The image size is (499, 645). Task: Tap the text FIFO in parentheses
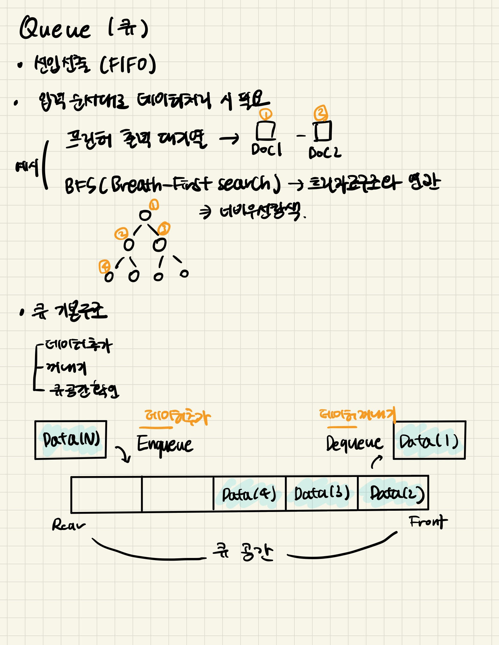pyautogui.click(x=127, y=65)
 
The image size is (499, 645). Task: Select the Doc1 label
pyautogui.click(x=266, y=150)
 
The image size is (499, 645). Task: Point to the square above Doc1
pyautogui.click(x=266, y=131)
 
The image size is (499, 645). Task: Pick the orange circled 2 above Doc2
pyautogui.click(x=321, y=113)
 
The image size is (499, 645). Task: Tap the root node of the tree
pyautogui.click(x=145, y=215)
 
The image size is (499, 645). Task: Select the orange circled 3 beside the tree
pyautogui.click(x=164, y=229)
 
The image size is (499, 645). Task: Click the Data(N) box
pyautogui.click(x=71, y=440)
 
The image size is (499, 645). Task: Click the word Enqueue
pyautogui.click(x=165, y=444)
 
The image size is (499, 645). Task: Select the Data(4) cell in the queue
pyautogui.click(x=249, y=493)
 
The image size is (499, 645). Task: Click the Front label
pyautogui.click(x=428, y=522)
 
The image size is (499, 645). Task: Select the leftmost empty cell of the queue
pyautogui.click(x=106, y=494)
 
